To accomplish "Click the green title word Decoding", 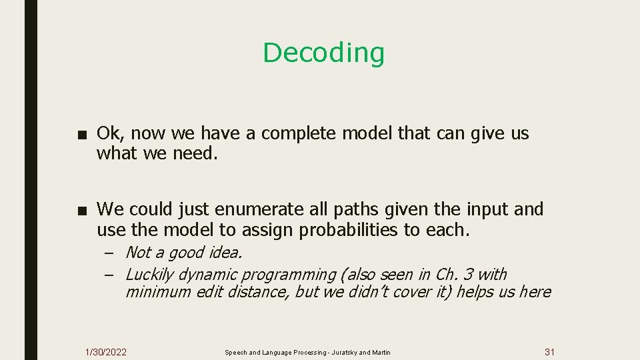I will [323, 53].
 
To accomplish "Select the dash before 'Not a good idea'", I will [110, 253].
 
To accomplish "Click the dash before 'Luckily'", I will [110, 275].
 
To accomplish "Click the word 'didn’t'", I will [367, 292].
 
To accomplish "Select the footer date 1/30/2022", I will [106, 352].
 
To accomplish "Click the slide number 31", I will [549, 352].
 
